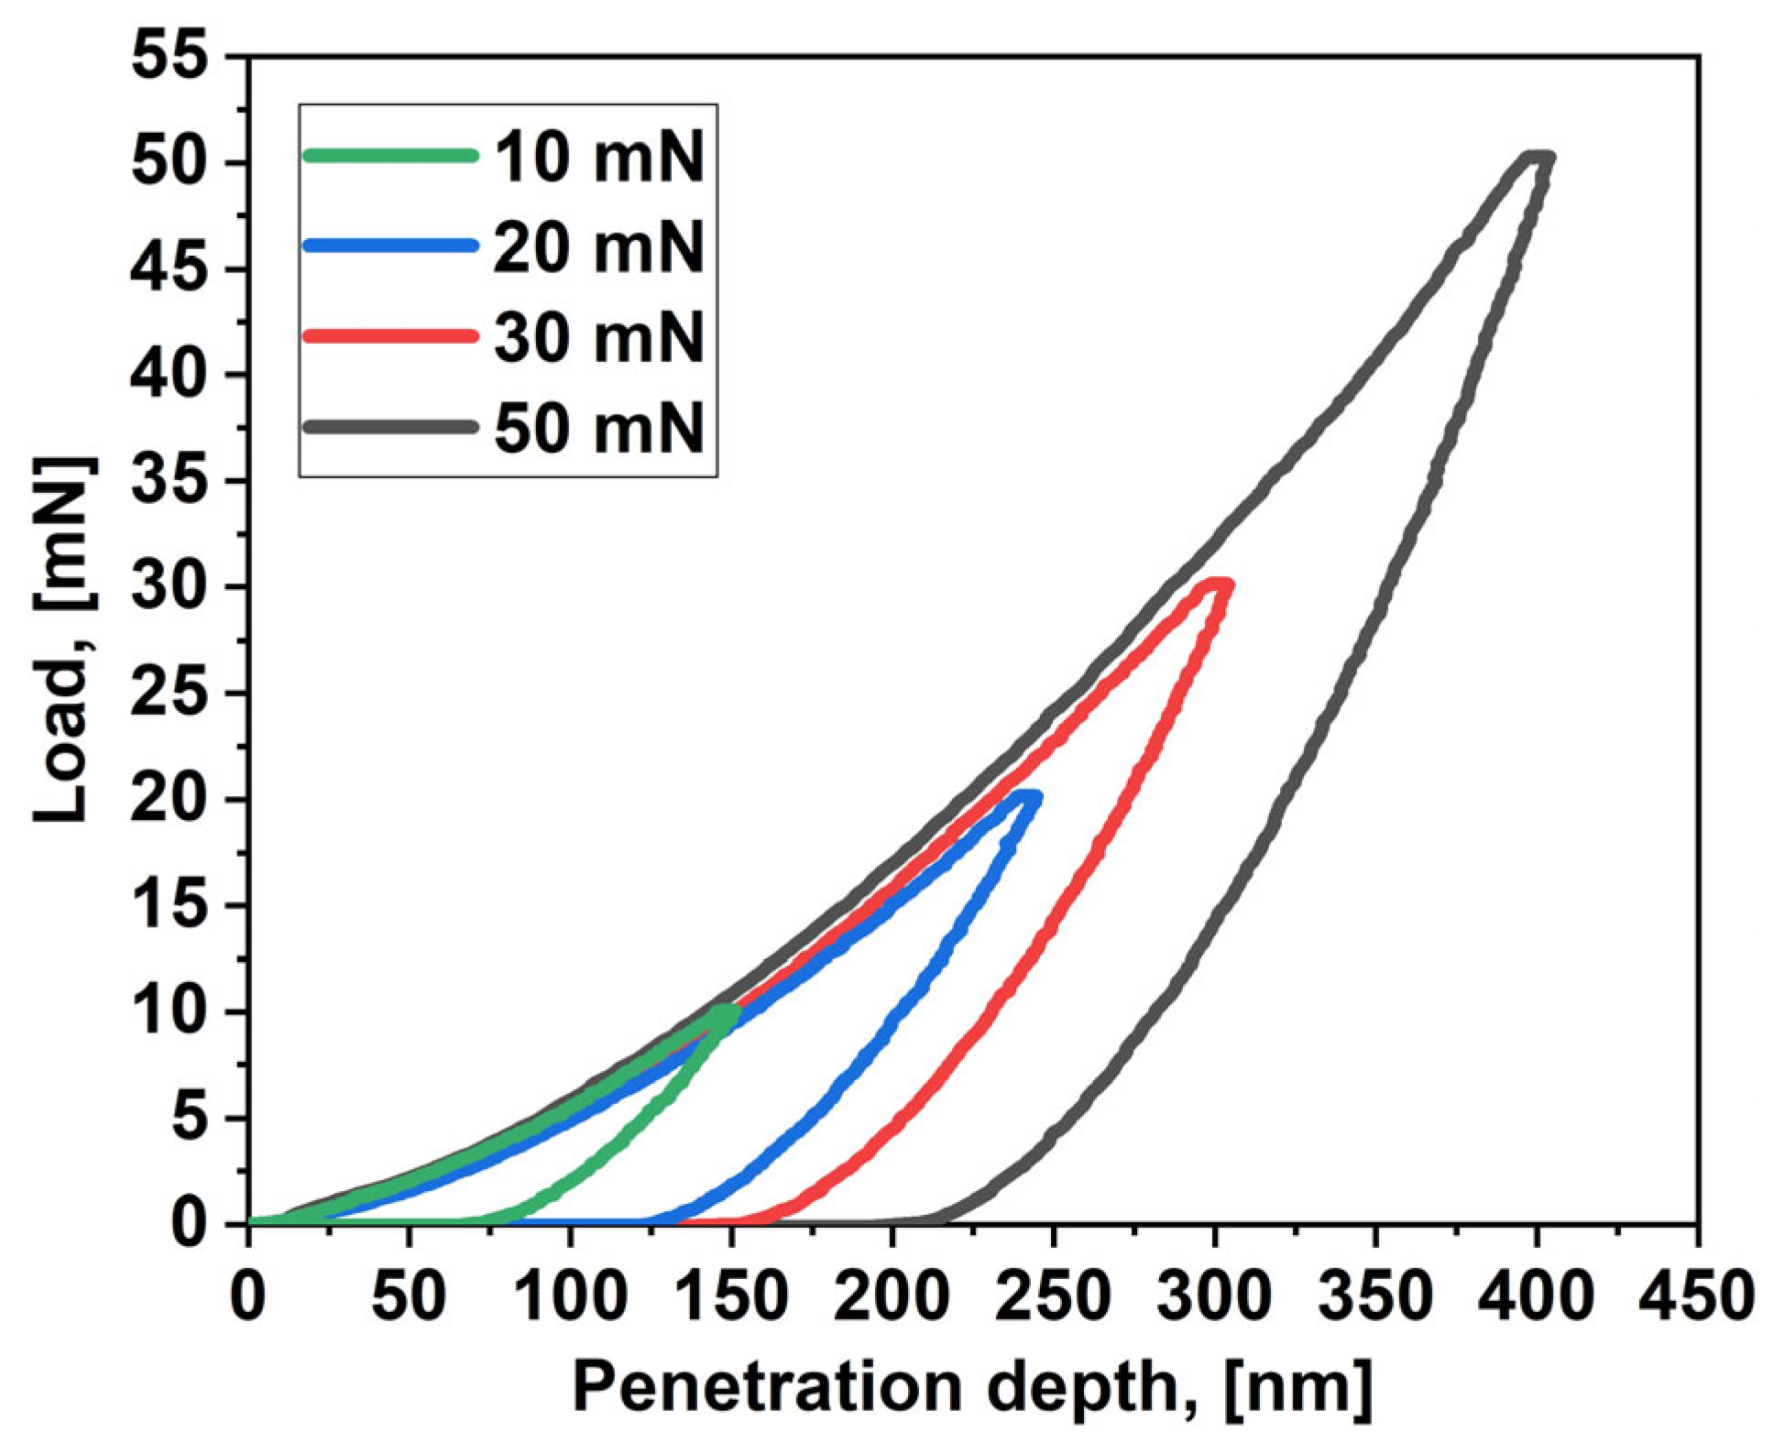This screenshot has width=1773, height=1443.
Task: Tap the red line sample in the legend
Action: tap(390, 335)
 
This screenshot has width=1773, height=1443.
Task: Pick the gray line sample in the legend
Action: tap(390, 426)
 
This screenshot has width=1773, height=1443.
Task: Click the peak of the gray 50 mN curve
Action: tap(1539, 158)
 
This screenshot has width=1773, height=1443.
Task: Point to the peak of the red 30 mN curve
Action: tap(1220, 584)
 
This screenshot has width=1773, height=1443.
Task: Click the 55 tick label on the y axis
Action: tap(169, 57)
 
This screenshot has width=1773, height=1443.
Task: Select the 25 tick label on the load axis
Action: tap(169, 694)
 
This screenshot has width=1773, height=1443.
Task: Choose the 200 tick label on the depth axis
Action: tap(891, 1297)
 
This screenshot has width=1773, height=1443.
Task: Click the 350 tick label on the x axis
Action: tap(1374, 1297)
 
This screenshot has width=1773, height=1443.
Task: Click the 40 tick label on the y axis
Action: tap(169, 375)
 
